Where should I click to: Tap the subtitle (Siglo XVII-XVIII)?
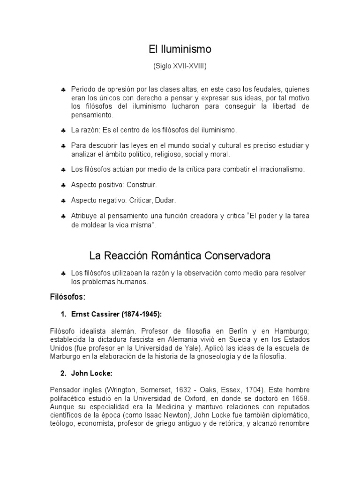[180, 67]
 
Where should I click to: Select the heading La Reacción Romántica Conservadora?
[180, 256]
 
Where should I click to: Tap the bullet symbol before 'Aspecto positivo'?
[63, 185]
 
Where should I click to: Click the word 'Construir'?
[142, 185]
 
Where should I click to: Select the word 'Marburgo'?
[66, 356]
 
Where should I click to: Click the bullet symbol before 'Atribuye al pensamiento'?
[63, 216]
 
